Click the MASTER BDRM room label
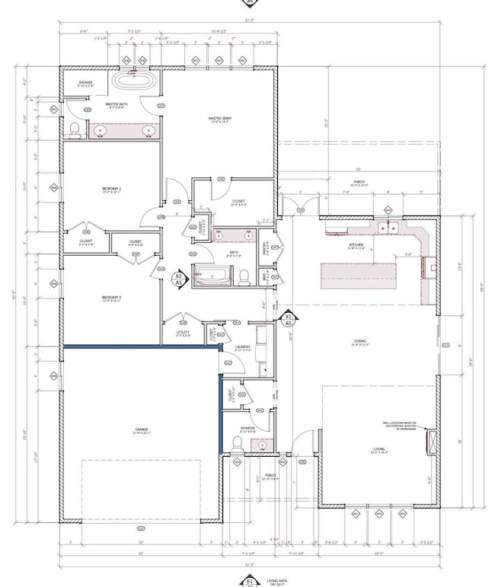pos(221,119)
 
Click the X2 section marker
pos(178,279)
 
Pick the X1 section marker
pos(289,319)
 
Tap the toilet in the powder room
pos(237,442)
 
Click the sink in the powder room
pos(262,445)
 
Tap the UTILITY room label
pos(183,333)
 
